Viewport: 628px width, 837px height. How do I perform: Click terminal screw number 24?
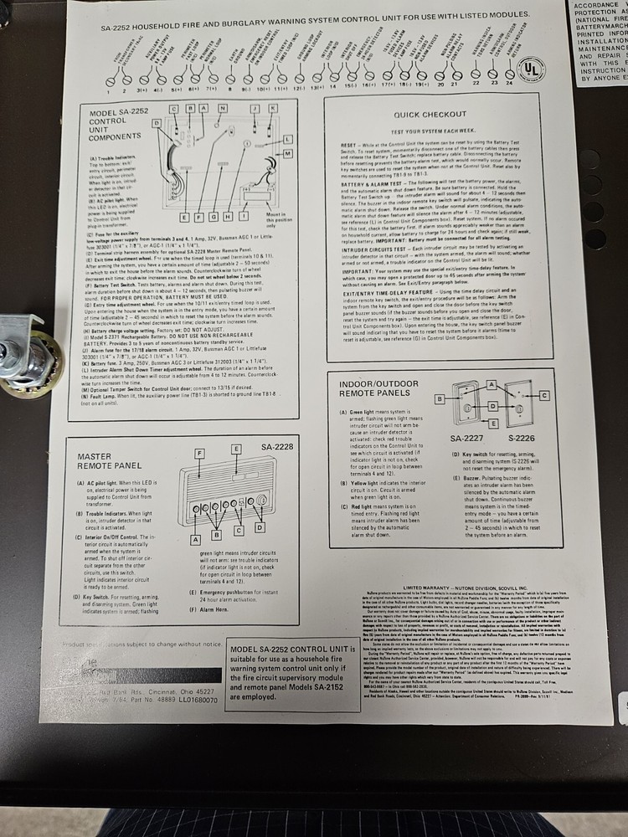[x=510, y=84]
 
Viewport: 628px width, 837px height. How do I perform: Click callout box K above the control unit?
[x=273, y=109]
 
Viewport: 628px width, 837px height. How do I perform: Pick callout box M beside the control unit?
[x=287, y=155]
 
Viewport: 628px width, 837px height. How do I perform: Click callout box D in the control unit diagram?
[x=157, y=123]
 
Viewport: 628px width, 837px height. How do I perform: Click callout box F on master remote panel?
[x=198, y=453]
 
